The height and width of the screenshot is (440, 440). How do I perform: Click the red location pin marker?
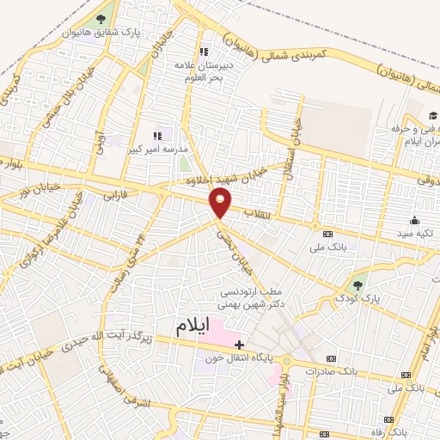[x=221, y=203]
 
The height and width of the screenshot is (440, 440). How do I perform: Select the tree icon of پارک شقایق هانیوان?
[x=101, y=20]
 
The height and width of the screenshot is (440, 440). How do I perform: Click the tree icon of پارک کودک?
[x=357, y=284]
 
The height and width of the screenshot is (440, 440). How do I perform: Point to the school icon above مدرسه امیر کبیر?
[x=157, y=136]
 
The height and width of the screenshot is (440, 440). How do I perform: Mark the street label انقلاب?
[x=258, y=211]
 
